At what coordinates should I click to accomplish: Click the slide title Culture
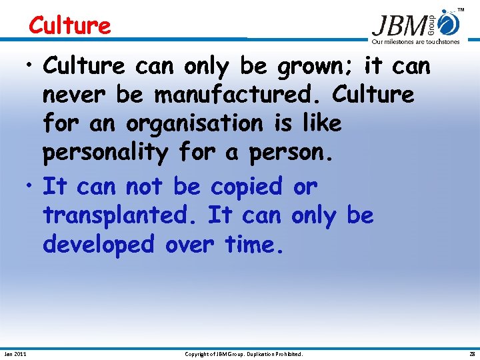(69, 25)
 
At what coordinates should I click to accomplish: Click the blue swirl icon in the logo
(450, 23)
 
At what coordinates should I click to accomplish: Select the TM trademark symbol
(461, 10)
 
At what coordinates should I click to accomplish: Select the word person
(289, 153)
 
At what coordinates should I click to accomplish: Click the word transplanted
(121, 215)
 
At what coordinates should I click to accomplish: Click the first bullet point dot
(31, 67)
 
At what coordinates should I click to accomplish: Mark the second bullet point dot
(31, 187)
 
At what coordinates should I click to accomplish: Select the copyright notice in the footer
(243, 354)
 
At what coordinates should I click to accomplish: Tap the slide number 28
(471, 354)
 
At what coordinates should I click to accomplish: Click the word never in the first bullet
(75, 95)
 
